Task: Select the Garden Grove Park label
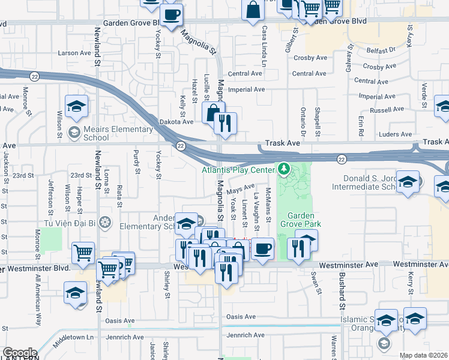tap(304, 220)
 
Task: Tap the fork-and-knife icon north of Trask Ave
tap(226, 124)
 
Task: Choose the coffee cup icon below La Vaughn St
tap(262, 249)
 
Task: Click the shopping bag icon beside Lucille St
tap(213, 112)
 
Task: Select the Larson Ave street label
tap(74, 53)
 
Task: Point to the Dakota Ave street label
tap(179, 122)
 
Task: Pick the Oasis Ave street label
tap(241, 317)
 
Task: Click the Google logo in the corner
tap(20, 353)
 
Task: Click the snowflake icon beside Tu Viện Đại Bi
tap(105, 224)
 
